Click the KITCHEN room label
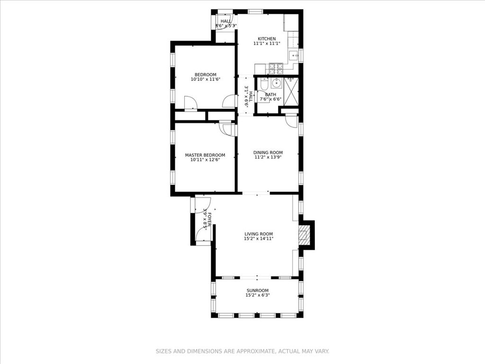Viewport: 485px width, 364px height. (267, 39)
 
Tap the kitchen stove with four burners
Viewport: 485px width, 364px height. (276, 69)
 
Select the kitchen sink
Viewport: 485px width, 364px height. (294, 55)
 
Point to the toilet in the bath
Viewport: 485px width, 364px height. (264, 84)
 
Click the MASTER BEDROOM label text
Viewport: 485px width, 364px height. (205, 155)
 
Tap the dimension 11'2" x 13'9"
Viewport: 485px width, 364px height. (268, 157)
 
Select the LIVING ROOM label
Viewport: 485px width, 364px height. (259, 234)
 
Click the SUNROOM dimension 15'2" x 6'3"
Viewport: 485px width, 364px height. (257, 295)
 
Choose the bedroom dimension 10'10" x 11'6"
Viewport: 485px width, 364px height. (206, 80)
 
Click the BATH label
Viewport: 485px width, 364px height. (270, 95)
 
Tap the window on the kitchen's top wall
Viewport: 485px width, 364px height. (256, 11)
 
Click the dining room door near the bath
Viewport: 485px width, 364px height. (292, 121)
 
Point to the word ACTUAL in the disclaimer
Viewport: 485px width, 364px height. (288, 351)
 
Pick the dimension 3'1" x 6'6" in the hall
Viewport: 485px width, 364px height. (246, 96)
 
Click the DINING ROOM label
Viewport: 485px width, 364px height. (268, 153)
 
